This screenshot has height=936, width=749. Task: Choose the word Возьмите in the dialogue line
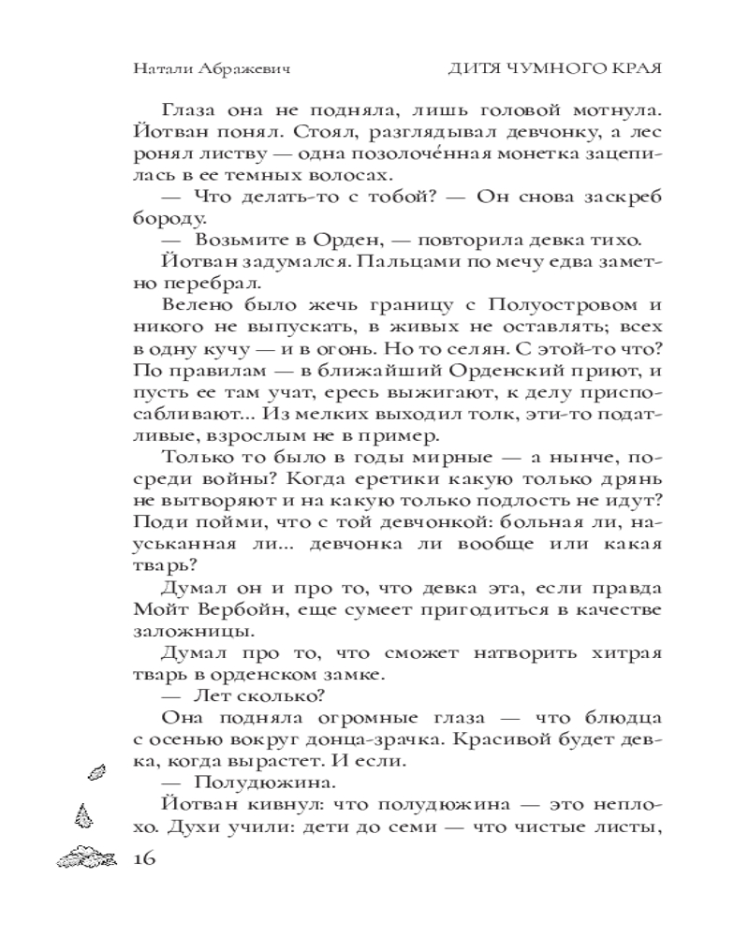point(235,240)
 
